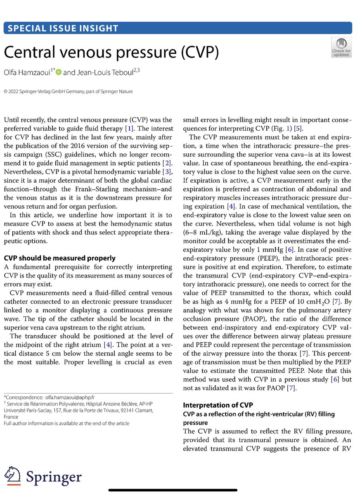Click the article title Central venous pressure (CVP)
pyautogui.click(x=111, y=52)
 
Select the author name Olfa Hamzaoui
pyautogui.click(x=27, y=72)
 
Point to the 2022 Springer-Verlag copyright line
pyautogui.click(x=68, y=91)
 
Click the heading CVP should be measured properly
pyautogui.click(x=59, y=258)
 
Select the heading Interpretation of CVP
pyautogui.click(x=218, y=405)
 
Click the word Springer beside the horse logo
pyautogui.click(x=54, y=477)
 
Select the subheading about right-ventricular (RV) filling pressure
pyautogui.click(x=259, y=414)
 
